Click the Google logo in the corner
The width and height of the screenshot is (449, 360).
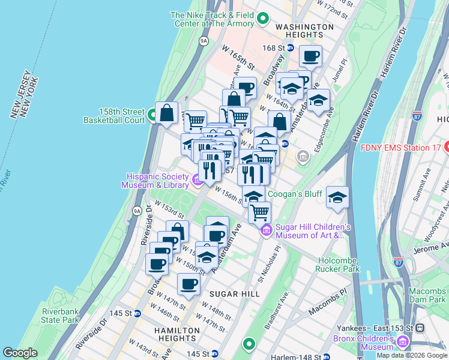tap(20, 353)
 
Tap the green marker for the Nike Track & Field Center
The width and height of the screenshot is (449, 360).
tap(262, 20)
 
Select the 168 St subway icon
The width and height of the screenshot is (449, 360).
tap(291, 47)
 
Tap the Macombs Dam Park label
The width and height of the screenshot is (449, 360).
tap(427, 295)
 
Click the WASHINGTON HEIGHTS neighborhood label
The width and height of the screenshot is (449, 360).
tap(304, 31)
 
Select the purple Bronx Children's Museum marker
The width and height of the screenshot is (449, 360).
tap(402, 342)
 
